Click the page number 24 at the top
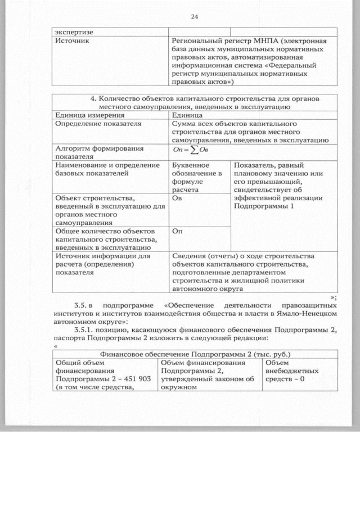coord(195,16)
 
